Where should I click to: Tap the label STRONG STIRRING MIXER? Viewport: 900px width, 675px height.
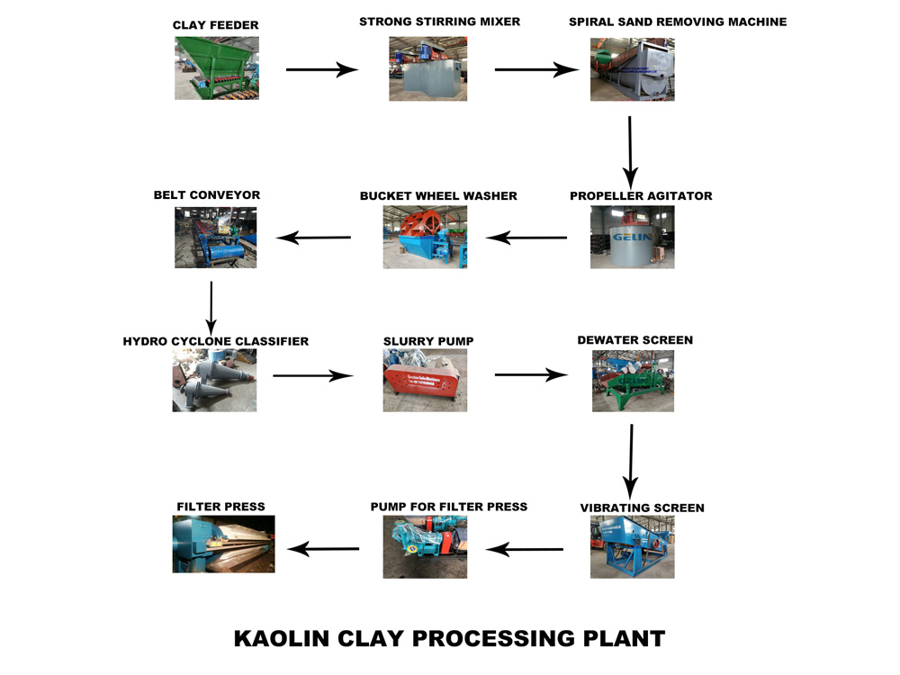point(439,22)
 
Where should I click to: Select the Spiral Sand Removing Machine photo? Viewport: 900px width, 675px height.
point(632,68)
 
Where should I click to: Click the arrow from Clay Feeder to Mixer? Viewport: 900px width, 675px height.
point(322,69)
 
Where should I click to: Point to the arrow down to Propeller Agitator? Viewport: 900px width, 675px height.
point(630,149)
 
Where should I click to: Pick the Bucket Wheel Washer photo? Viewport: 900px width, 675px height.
point(425,237)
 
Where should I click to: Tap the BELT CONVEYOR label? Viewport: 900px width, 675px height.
point(207,194)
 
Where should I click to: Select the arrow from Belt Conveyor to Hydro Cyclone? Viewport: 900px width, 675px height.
point(211,307)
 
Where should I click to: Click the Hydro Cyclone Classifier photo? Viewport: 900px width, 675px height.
point(214,381)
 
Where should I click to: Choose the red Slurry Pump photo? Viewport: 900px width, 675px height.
point(425,381)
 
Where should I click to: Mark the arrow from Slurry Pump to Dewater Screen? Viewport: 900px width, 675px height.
point(531,375)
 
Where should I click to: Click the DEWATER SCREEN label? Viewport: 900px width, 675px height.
point(634,340)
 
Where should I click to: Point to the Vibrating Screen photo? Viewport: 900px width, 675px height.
point(632,547)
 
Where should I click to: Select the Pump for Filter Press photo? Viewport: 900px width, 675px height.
point(425,546)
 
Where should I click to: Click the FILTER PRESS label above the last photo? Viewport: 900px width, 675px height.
point(220,507)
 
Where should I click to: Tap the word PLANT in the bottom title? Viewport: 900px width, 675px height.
point(621,639)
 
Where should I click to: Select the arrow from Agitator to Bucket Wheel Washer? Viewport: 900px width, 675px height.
point(526,238)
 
